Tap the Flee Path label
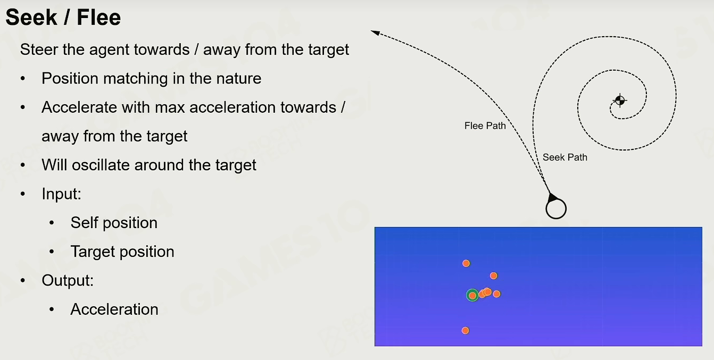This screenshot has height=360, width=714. point(485,126)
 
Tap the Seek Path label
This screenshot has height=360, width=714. point(565,157)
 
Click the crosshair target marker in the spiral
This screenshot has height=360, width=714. point(620,101)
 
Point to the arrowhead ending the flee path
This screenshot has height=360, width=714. point(376,33)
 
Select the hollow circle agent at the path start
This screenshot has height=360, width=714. point(556,208)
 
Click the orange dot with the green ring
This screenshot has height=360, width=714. point(472,295)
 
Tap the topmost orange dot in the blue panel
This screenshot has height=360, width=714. point(466,263)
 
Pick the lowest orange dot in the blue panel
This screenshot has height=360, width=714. point(466,330)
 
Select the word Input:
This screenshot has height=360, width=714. point(62,194)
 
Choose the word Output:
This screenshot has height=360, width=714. point(68,280)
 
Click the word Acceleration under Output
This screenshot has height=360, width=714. point(114,309)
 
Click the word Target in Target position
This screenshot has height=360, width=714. point(93,252)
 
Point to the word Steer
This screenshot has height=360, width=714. point(39,49)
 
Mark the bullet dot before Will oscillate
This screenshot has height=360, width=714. point(23,165)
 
